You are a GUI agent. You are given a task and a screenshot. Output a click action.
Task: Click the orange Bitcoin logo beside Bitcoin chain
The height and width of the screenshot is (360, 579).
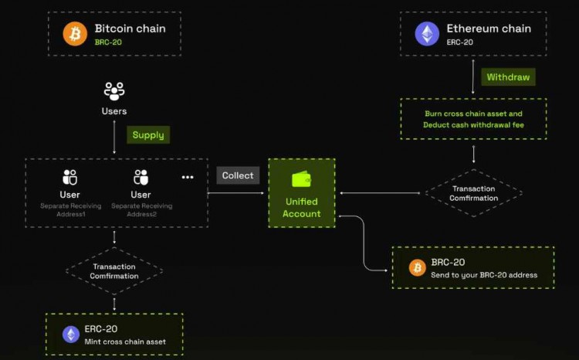tap(75, 34)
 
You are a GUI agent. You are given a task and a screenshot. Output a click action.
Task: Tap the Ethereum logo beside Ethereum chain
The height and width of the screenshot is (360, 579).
tap(427, 34)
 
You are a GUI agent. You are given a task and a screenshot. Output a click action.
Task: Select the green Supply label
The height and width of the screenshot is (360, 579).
tap(148, 134)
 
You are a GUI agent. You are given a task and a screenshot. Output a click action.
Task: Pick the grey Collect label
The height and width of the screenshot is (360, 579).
tap(238, 175)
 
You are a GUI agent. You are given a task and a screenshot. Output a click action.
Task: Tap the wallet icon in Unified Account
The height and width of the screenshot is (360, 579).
tap(301, 179)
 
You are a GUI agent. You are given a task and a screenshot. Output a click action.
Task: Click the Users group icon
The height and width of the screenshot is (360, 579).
tap(114, 92)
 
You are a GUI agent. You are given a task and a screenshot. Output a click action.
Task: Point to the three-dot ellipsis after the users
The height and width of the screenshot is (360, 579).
tap(188, 177)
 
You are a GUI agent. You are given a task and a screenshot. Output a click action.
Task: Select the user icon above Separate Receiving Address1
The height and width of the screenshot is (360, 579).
tap(70, 177)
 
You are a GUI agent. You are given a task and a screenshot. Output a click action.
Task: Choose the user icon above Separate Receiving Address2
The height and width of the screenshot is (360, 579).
tap(141, 177)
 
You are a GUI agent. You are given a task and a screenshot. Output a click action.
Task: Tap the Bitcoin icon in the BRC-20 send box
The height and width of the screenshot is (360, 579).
tap(417, 267)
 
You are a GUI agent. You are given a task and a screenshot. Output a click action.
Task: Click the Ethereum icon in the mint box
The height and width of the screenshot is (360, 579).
tap(71, 334)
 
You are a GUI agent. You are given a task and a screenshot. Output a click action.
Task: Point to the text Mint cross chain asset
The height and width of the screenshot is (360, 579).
tap(125, 341)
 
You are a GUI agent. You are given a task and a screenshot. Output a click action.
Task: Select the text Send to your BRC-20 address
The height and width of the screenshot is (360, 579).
tap(484, 274)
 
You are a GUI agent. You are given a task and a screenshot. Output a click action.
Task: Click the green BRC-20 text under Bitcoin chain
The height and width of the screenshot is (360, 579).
tap(109, 42)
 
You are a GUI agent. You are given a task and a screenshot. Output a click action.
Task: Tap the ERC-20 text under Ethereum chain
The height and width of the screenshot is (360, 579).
tap(460, 42)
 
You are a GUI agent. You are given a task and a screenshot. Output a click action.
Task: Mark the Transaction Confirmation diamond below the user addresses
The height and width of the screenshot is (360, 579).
tap(114, 270)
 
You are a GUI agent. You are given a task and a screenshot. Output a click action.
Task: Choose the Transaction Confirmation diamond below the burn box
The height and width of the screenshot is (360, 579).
tap(473, 193)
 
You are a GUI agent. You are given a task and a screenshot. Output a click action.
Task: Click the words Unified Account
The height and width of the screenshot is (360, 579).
tap(301, 207)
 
